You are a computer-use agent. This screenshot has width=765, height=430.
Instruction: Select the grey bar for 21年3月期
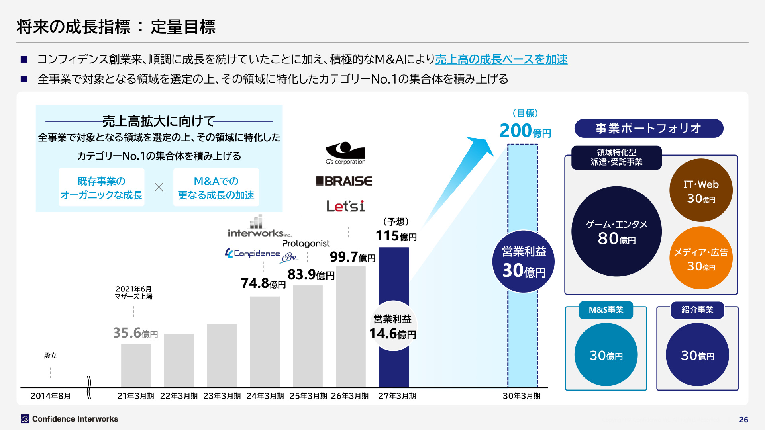(136, 365)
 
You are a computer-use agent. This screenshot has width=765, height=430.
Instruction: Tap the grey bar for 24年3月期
(265, 342)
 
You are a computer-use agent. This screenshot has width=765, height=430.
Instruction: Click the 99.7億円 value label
(353, 257)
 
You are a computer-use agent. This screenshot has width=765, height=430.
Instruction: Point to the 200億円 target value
(525, 131)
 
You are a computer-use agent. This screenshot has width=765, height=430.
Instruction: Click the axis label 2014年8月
(51, 396)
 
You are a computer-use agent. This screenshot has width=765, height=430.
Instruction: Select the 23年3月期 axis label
(222, 396)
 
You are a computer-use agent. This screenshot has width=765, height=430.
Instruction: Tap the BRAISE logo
(344, 181)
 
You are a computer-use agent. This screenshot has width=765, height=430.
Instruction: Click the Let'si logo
(345, 206)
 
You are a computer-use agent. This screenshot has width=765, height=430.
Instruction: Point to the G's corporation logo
(345, 153)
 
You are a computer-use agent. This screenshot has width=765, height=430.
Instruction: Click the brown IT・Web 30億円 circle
(701, 190)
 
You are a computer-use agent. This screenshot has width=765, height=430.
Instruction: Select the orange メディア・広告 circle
(701, 258)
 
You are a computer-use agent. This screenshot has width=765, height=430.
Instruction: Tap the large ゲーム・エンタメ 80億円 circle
(616, 231)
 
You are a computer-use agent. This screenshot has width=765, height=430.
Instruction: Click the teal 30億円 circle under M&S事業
(606, 354)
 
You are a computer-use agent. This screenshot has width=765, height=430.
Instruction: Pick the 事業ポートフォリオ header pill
(649, 128)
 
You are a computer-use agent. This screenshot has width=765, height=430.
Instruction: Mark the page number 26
(743, 420)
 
